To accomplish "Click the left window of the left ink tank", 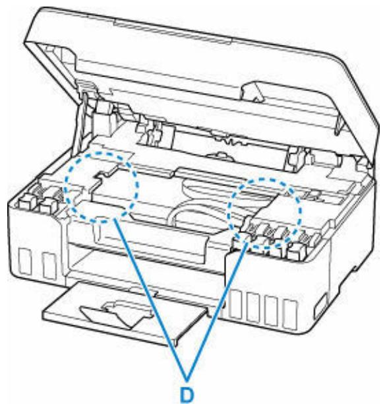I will point(27,261).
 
